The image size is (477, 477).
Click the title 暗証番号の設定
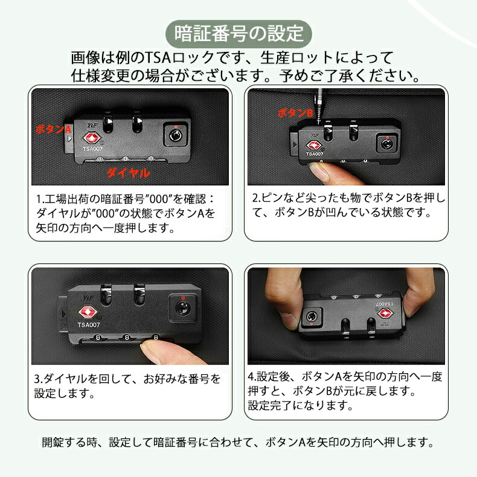(x=239, y=33)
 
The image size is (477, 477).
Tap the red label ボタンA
(x=53, y=130)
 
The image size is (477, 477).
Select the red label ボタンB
(x=295, y=113)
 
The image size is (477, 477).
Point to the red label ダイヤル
(x=128, y=173)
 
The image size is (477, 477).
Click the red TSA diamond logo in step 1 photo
(x=92, y=138)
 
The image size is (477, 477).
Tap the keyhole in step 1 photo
(x=176, y=135)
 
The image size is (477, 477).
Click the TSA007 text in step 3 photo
(x=89, y=325)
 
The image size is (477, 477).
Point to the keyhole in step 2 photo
(x=386, y=144)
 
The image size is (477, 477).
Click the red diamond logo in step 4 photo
(x=385, y=313)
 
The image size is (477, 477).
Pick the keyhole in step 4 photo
(x=312, y=316)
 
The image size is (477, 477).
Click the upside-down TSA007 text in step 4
(x=384, y=304)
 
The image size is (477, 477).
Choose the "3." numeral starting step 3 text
(x=39, y=379)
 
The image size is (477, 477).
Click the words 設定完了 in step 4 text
(x=269, y=406)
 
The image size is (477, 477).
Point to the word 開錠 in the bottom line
(x=53, y=442)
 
